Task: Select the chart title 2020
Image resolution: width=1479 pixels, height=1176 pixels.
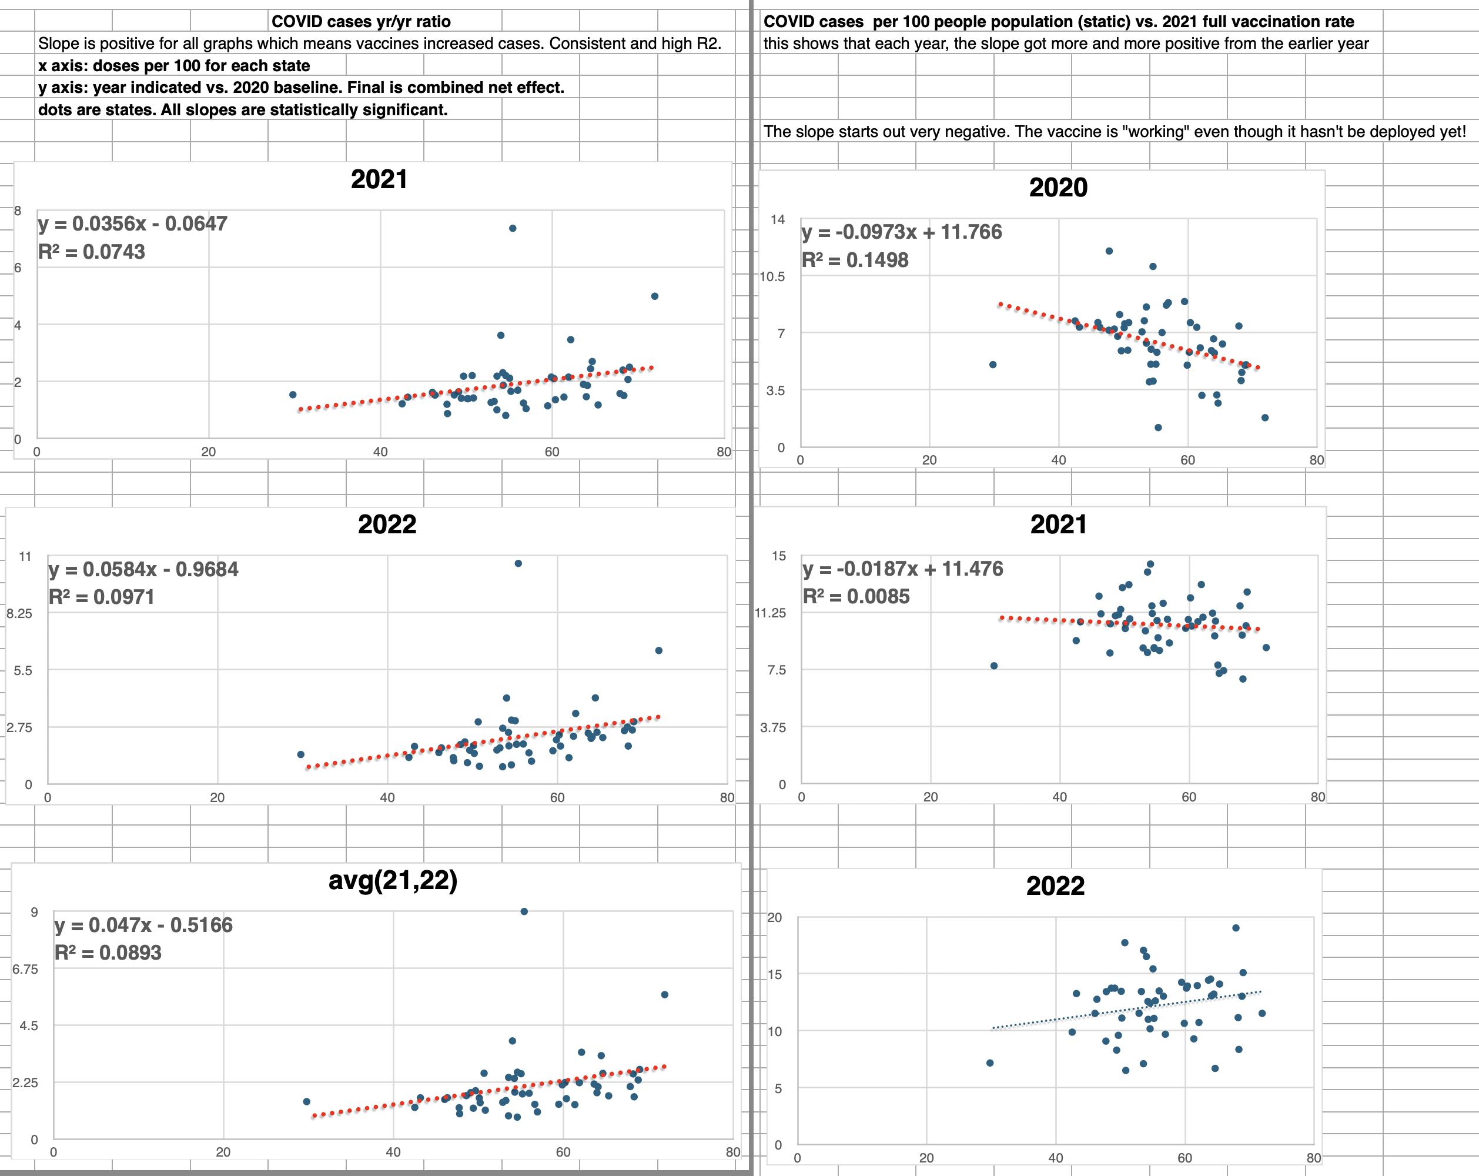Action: pyautogui.click(x=1058, y=188)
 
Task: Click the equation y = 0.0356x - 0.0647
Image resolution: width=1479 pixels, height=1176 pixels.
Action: pyautogui.click(x=132, y=223)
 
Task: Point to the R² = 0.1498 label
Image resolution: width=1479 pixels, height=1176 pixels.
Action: pyautogui.click(x=855, y=260)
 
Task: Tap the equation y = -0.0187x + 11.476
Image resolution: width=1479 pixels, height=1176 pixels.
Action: pyautogui.click(x=902, y=569)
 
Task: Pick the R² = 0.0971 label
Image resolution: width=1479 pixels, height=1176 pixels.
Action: pyautogui.click(x=102, y=597)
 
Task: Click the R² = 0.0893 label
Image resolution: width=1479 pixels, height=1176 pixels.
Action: pyautogui.click(x=108, y=953)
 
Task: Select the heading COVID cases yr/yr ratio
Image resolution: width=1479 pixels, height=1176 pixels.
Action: pyautogui.click(x=361, y=21)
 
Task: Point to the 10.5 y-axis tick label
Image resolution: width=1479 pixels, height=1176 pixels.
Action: pyautogui.click(x=772, y=276)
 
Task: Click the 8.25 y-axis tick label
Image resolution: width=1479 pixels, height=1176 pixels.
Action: pyautogui.click(x=19, y=613)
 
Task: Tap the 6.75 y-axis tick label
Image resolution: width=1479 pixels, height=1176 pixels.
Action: pyautogui.click(x=25, y=969)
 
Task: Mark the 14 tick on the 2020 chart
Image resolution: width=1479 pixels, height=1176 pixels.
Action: pyautogui.click(x=777, y=219)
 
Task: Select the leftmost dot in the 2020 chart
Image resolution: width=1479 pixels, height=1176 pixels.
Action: pyautogui.click(x=993, y=365)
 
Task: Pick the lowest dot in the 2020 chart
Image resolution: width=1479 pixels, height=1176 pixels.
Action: pyautogui.click(x=1158, y=427)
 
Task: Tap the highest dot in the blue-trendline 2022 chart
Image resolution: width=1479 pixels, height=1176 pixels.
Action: pyautogui.click(x=1236, y=928)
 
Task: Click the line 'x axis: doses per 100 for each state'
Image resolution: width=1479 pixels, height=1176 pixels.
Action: pyautogui.click(x=173, y=66)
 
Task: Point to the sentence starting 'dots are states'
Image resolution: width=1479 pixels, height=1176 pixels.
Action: pyautogui.click(x=242, y=110)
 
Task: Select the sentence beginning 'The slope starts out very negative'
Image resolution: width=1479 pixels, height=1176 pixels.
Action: pyautogui.click(x=1114, y=132)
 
